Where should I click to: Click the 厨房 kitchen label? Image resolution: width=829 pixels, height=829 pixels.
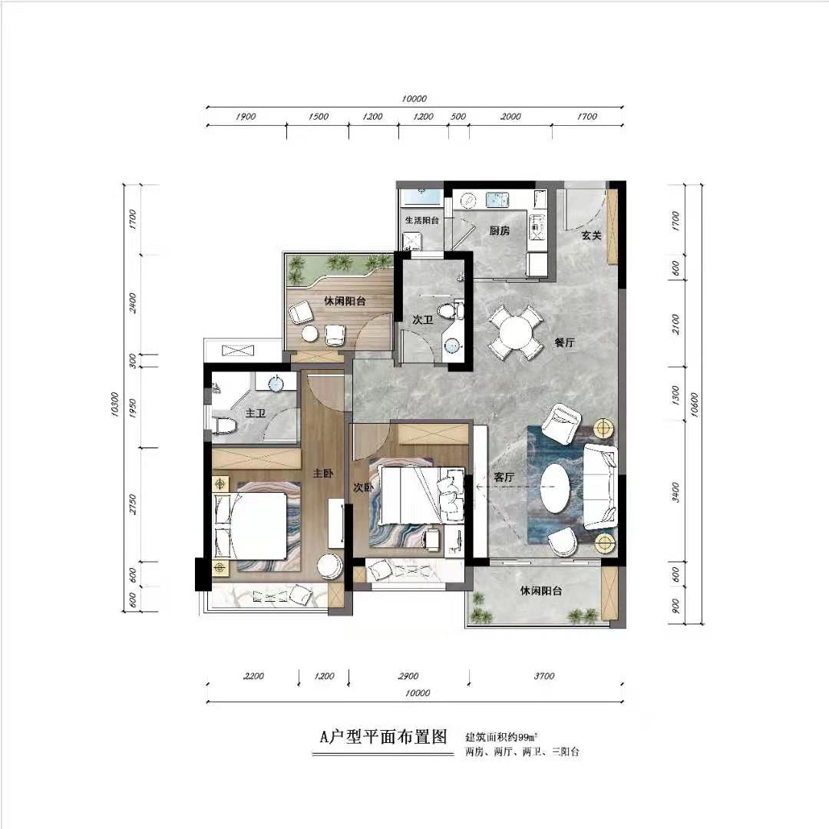pos(499,230)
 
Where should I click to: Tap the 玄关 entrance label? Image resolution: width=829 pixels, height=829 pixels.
pos(592,236)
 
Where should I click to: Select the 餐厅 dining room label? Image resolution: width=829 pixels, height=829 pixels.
pos(564,342)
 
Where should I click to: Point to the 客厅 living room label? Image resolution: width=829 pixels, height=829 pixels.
pos(504,477)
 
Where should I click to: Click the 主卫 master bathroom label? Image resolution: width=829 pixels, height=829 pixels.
pos(255,413)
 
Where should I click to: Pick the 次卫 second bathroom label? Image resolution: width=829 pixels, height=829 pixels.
pos(422,320)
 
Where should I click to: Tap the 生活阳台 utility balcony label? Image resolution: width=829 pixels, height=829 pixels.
pos(422,220)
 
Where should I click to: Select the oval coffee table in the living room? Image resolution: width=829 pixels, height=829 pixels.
pos(555,488)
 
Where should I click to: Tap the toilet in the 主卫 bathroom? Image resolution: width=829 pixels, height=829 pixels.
pos(224,425)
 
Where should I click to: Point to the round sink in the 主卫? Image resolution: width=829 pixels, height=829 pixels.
pos(276,383)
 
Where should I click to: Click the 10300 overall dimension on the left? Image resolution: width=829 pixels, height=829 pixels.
pos(114,405)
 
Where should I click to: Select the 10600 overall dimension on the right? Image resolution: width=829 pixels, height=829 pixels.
pos(694,405)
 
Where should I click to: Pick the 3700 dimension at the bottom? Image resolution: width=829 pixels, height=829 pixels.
pos(544,675)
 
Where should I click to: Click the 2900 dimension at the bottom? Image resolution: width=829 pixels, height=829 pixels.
pos(408,675)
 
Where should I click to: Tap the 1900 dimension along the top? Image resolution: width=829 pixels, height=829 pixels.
pos(246,117)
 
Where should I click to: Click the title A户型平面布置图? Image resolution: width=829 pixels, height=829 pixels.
pos(383,736)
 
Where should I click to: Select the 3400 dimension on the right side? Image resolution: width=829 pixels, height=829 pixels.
pos(675,492)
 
